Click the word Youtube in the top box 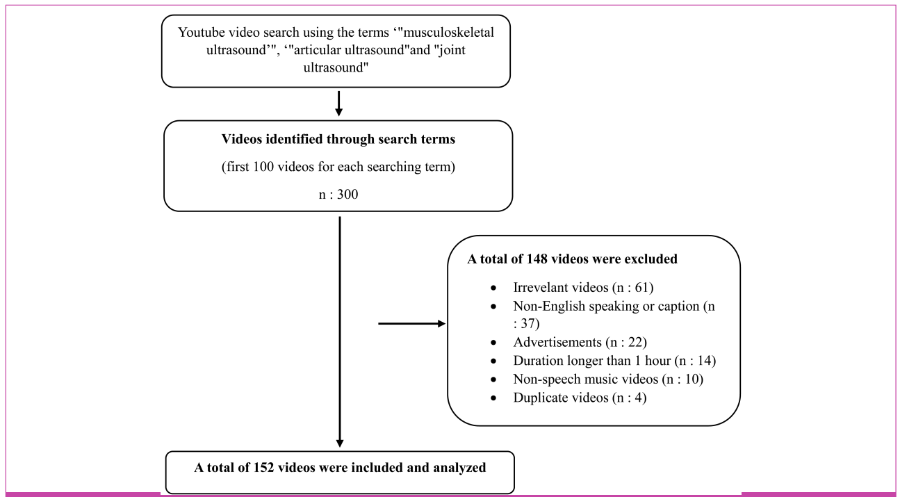coord(199,32)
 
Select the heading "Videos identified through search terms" coord(338,139)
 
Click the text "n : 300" coord(338,195)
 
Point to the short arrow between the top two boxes coord(338,103)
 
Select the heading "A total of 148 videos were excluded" coord(573,259)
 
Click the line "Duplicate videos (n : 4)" coord(580,398)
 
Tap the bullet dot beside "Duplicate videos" coord(493,398)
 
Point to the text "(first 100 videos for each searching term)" coord(338,167)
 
